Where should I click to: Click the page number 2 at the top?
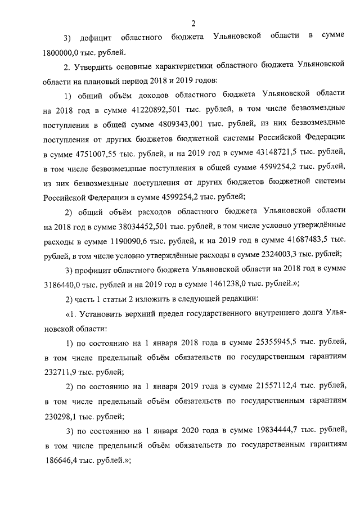click(x=192, y=23)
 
